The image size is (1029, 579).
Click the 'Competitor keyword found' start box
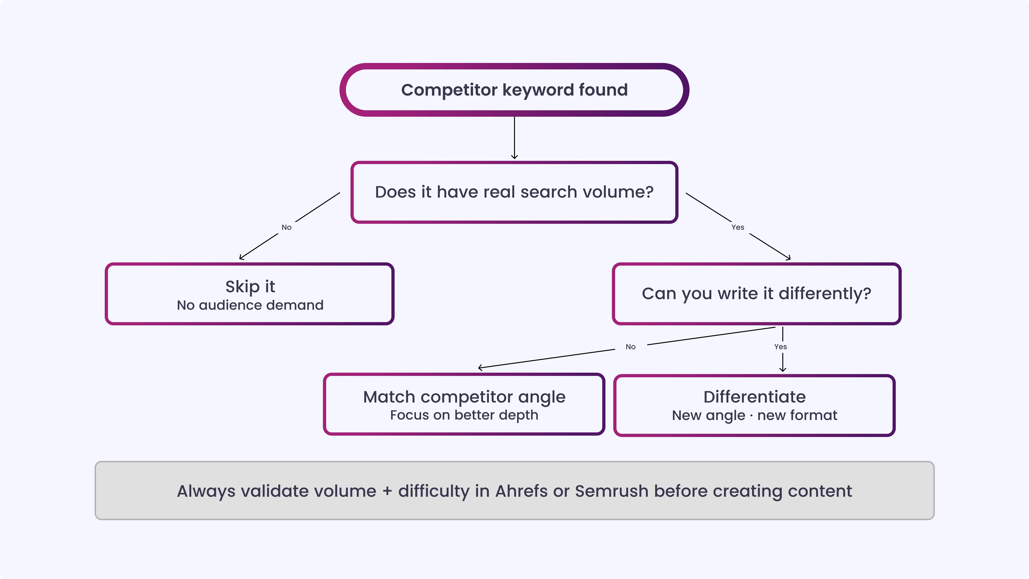coord(514,90)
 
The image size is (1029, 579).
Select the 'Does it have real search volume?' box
coord(514,192)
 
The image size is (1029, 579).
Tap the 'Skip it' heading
coord(250,286)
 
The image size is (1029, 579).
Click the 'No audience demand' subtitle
coord(250,305)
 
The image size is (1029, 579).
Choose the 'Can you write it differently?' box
coord(756,294)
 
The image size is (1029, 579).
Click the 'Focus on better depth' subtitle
coord(464,415)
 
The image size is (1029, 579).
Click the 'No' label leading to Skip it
coord(286,227)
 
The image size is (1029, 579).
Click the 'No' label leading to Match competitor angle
coord(630,347)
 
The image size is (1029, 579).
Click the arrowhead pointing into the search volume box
coord(514,157)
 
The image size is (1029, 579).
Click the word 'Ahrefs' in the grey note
coord(521,491)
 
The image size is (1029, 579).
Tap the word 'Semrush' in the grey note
coord(611,491)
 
